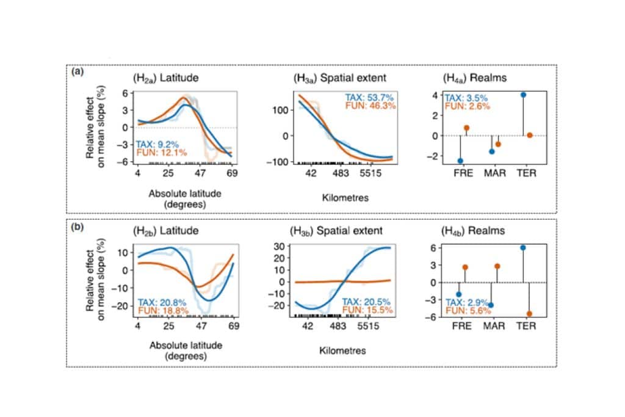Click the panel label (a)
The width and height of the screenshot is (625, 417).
pyautogui.click(x=78, y=72)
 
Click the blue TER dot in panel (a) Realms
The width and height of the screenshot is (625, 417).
pyautogui.click(x=524, y=95)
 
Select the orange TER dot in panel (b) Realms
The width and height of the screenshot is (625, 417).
pyautogui.click(x=529, y=314)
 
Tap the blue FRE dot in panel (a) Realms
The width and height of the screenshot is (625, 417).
pyautogui.click(x=460, y=161)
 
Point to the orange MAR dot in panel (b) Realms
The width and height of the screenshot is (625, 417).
pyautogui.click(x=497, y=266)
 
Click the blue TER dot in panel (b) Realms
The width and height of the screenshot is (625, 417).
pyautogui.click(x=523, y=247)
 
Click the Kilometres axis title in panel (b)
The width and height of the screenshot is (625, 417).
pyautogui.click(x=342, y=350)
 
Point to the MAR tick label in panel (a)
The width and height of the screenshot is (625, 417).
pyautogui.click(x=494, y=173)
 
